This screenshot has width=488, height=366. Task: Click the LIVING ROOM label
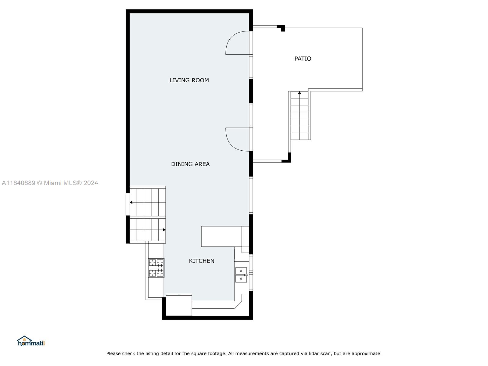189,80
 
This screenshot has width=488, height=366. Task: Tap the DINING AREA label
190,164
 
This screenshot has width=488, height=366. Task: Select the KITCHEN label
202,261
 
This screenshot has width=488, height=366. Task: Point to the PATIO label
303,59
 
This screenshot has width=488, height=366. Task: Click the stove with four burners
156,268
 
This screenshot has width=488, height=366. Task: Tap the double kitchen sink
241,275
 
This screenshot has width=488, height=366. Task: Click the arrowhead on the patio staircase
300,93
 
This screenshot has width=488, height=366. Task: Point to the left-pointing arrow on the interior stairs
131,202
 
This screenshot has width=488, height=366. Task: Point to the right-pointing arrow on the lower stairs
164,230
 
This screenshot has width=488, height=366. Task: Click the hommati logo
31,341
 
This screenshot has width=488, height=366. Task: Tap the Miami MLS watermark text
71,183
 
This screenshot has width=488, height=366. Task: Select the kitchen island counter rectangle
221,236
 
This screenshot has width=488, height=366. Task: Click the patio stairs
300,116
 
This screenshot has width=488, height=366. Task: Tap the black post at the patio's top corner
282,28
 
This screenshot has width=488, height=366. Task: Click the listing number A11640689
18,183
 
